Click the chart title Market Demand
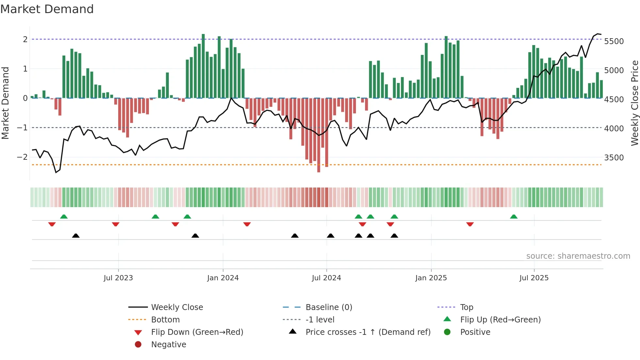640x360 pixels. (47, 9)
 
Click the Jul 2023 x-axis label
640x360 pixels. (118, 278)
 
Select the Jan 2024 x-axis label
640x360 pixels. (223, 278)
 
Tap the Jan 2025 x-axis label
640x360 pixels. (431, 278)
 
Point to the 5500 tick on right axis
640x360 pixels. (614, 41)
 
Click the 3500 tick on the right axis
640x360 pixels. (614, 158)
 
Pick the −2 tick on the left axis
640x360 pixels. (23, 157)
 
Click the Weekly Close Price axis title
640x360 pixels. (634, 103)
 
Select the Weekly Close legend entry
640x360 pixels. (177, 307)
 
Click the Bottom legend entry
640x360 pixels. (165, 320)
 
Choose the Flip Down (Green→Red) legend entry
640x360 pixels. (197, 332)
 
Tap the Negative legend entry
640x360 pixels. (168, 345)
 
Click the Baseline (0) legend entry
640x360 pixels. (329, 307)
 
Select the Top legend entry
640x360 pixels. (467, 307)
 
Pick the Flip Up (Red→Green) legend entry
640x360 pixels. (500, 320)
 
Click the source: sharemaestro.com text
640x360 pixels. (578, 256)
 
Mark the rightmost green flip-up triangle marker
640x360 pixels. (514, 217)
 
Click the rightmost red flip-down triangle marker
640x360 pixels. (470, 224)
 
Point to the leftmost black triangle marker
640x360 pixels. (76, 236)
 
